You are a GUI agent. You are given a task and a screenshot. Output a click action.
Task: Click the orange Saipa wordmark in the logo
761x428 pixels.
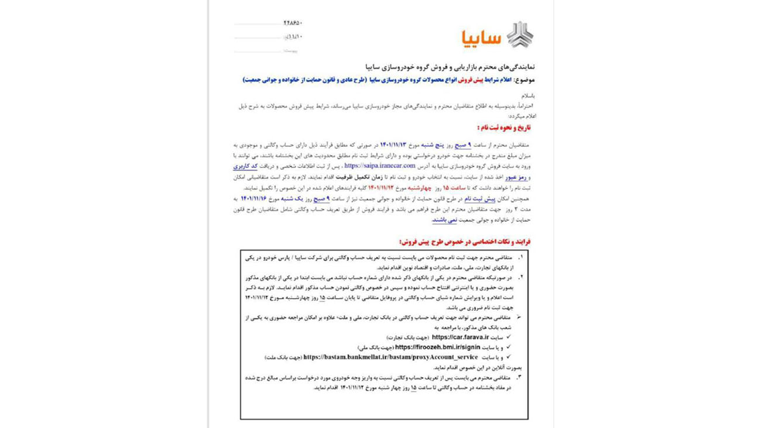[481, 37]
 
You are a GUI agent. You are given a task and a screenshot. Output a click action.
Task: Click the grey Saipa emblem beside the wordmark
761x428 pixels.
[520, 35]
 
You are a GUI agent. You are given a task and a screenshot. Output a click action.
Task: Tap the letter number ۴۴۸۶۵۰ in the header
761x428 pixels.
[292, 23]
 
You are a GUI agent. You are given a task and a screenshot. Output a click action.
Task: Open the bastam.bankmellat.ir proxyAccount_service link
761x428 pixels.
[391, 357]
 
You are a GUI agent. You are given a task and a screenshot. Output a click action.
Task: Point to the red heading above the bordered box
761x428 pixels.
[465, 241]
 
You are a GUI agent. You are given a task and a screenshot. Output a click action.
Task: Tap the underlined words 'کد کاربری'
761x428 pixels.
[245, 166]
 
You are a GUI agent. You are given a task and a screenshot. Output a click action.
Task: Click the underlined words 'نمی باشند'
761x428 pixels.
[444, 220]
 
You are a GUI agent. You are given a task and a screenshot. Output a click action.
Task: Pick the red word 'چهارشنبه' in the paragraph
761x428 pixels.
[419, 188]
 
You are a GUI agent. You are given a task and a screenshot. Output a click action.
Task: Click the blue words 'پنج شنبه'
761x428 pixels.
[433, 145]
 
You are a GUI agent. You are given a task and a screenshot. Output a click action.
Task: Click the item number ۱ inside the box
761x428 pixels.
[520, 257]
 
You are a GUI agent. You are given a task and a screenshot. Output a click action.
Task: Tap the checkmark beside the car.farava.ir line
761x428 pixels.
[508, 337]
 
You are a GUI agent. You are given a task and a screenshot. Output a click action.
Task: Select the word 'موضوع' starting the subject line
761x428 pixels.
[526, 80]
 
